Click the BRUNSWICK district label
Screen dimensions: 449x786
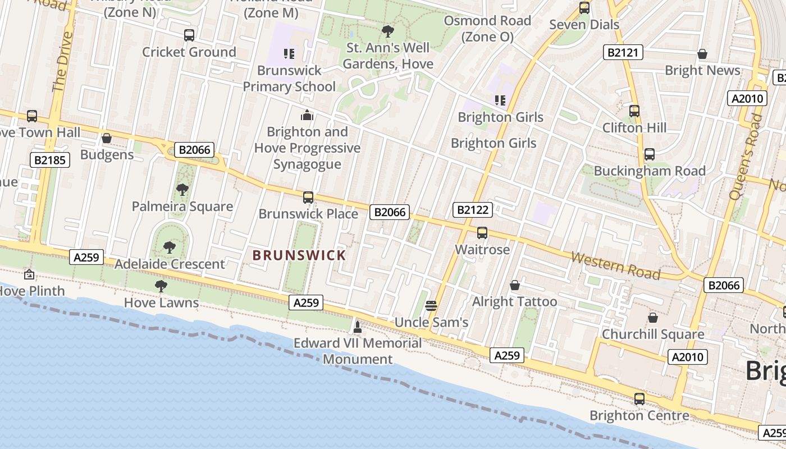[x=299, y=255]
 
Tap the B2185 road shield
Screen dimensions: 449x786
[x=49, y=160]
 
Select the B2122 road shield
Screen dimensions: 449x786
[x=473, y=210]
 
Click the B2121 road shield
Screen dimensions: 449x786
[x=623, y=53]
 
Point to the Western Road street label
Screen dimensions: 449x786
[x=615, y=265]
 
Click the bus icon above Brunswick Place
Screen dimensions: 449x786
[x=308, y=198]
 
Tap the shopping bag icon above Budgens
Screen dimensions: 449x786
[x=107, y=138]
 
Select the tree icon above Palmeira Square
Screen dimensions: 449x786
[x=182, y=190]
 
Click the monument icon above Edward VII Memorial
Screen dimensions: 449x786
[x=358, y=327]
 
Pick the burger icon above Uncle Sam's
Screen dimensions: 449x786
[x=431, y=306]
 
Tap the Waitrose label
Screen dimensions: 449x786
[x=482, y=249]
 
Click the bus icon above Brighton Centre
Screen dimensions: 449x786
[x=639, y=399]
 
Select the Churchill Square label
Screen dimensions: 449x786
[x=652, y=335]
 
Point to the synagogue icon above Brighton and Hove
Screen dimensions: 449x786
[x=307, y=115]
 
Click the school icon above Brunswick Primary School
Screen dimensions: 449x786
[x=289, y=54]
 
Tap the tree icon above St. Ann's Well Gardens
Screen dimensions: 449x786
[x=387, y=31]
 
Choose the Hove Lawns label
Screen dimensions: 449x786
[x=161, y=303]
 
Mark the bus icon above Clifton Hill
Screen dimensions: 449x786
[x=634, y=111]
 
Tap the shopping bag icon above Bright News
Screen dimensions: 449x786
[x=702, y=54]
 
